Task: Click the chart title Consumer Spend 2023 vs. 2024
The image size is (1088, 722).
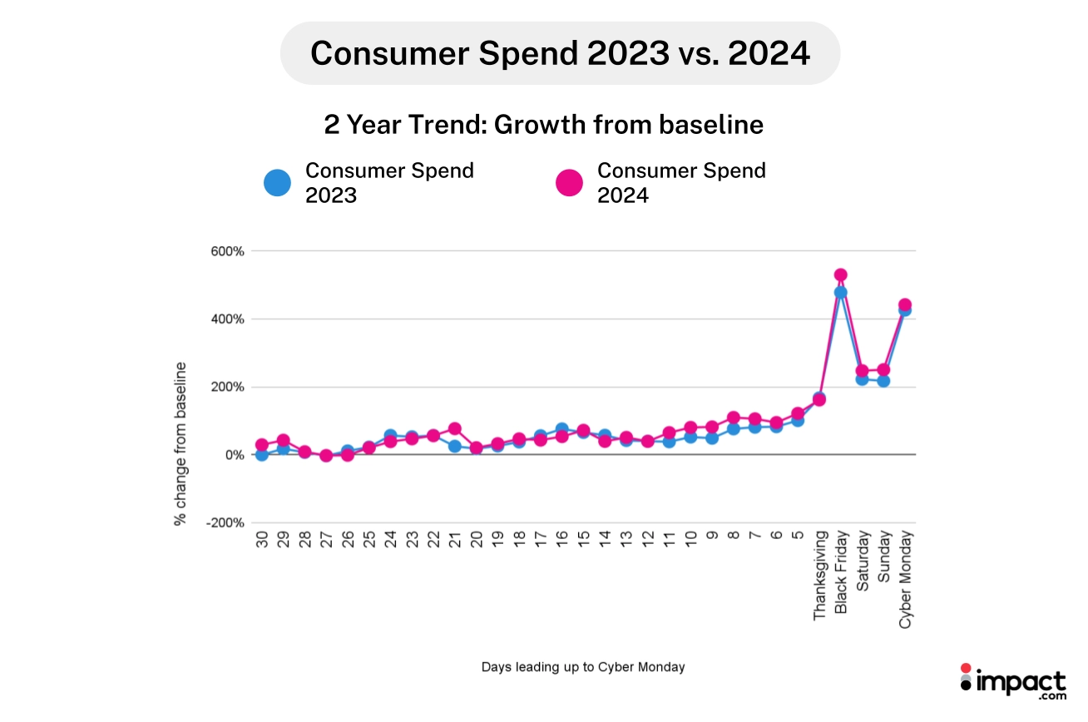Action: pyautogui.click(x=560, y=53)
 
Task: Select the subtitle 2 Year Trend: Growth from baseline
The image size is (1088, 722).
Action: pyautogui.click(x=543, y=125)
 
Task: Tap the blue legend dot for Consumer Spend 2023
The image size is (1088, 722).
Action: pyautogui.click(x=277, y=182)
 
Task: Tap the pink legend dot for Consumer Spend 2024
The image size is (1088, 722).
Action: pyautogui.click(x=569, y=182)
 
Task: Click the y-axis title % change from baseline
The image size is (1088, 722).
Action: pyautogui.click(x=180, y=443)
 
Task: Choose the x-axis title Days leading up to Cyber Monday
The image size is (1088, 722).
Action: pyautogui.click(x=583, y=667)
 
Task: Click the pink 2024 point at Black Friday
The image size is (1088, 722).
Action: pyautogui.click(x=840, y=275)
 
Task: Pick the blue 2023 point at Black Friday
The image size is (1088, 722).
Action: pyautogui.click(x=840, y=293)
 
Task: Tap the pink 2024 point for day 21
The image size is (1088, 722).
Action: pyautogui.click(x=455, y=429)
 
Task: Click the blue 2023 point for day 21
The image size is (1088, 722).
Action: pyautogui.click(x=455, y=446)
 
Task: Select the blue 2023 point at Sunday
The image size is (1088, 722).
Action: pyautogui.click(x=883, y=381)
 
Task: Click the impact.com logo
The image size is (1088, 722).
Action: pyautogui.click(x=1012, y=685)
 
